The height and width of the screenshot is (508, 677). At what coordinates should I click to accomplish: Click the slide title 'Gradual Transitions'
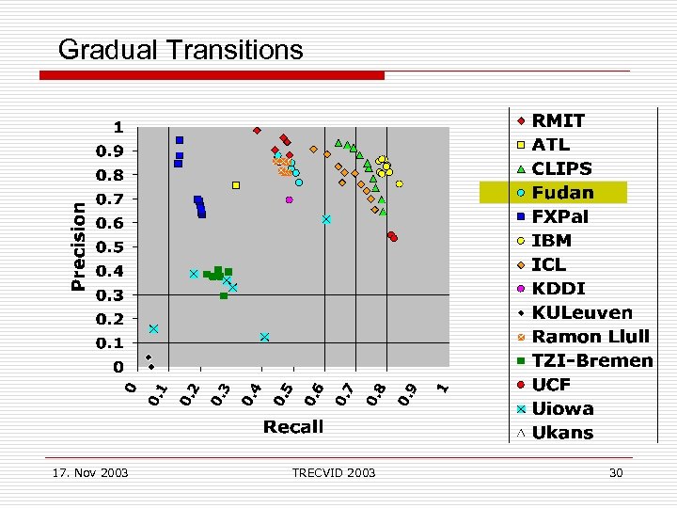click(x=181, y=50)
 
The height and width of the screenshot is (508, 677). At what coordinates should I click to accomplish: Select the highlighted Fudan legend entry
click(x=562, y=193)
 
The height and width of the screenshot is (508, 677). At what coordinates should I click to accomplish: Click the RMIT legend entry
click(x=558, y=120)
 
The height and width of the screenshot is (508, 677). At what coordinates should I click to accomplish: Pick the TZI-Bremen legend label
click(x=591, y=360)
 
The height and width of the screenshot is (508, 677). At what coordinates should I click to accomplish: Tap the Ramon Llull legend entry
click(x=590, y=337)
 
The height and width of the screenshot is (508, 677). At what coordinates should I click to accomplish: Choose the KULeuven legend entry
click(x=581, y=312)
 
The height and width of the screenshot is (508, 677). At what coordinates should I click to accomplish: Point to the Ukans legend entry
click(x=562, y=433)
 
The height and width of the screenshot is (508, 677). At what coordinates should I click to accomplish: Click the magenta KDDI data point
click(x=290, y=199)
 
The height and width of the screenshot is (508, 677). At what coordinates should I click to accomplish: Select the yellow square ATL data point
click(x=236, y=185)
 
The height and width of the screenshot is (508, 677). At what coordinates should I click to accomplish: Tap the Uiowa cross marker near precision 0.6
click(x=326, y=219)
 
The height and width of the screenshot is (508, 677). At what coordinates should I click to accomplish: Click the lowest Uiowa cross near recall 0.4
click(x=265, y=337)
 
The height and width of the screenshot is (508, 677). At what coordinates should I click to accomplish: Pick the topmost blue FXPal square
click(x=180, y=140)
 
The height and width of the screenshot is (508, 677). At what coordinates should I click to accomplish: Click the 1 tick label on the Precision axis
click(x=118, y=127)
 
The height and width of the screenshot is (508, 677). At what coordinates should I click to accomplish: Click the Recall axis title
click(x=293, y=426)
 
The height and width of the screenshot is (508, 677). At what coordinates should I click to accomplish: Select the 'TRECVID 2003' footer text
click(x=334, y=472)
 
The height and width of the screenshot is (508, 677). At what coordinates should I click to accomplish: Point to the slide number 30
click(x=616, y=472)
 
